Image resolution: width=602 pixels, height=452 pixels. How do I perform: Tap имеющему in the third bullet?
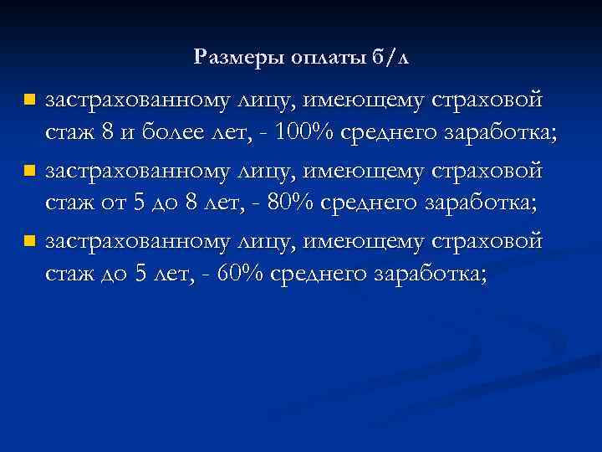[364, 242]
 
